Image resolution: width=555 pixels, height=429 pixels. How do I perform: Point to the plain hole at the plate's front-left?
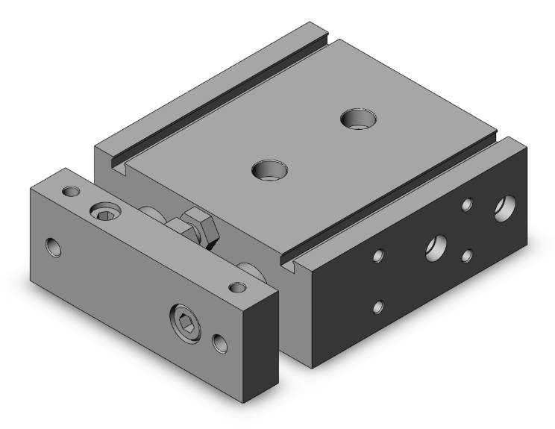tap(53, 246)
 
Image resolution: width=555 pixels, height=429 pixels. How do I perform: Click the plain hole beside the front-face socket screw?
tap(219, 342)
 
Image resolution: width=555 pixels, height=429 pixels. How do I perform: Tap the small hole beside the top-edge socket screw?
tap(72, 192)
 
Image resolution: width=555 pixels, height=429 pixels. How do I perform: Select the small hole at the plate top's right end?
tap(238, 287)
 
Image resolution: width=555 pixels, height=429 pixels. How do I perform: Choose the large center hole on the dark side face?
tap(436, 248)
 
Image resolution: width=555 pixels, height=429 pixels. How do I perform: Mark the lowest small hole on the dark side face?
tap(380, 306)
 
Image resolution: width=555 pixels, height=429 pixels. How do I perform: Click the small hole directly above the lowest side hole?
tap(380, 256)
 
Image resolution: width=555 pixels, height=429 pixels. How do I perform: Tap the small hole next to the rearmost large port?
tap(468, 203)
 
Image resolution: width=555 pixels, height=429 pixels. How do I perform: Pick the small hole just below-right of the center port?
tap(467, 256)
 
